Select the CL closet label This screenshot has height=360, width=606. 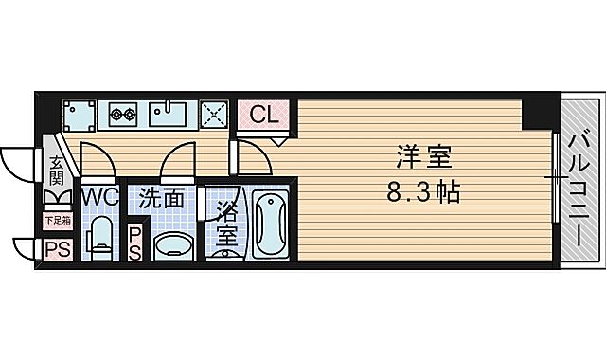coord(265,116)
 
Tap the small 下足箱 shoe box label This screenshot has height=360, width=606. coord(57,221)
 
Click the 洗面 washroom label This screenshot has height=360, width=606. coord(162,199)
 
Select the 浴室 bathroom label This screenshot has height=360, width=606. coord(225,224)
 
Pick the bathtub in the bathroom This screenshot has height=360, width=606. coord(272,225)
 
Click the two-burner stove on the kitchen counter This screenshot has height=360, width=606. coord(124,115)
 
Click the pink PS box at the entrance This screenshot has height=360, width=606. coord(56,249)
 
